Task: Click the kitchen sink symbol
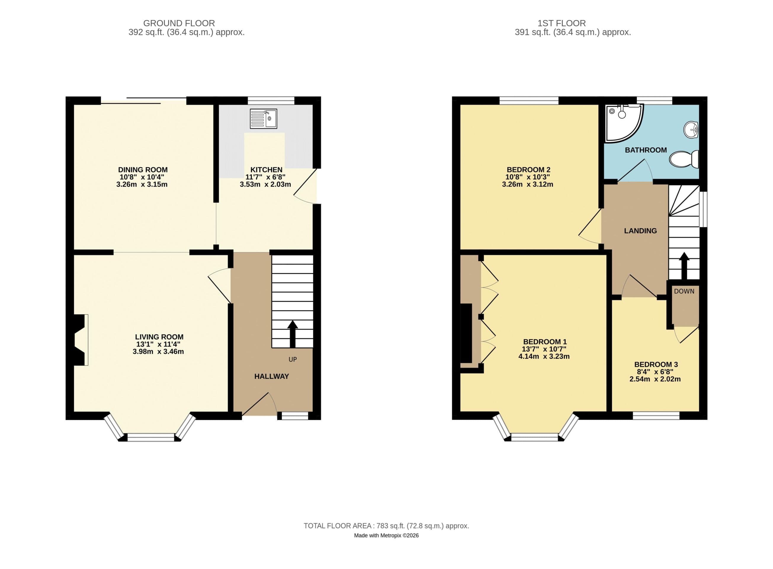click(x=263, y=119)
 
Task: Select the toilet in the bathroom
click(x=684, y=159)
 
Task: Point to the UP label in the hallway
click(x=293, y=359)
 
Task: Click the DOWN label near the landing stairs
click(x=684, y=291)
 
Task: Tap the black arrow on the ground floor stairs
click(x=293, y=334)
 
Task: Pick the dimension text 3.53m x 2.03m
click(x=265, y=184)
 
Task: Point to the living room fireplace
click(x=80, y=340)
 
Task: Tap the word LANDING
click(x=640, y=231)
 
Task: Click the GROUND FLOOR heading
click(x=179, y=23)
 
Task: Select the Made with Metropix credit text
click(x=386, y=536)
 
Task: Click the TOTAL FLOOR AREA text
click(x=386, y=526)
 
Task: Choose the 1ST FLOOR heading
click(x=561, y=23)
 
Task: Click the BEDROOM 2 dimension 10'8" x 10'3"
click(x=527, y=177)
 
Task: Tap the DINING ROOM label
click(x=143, y=170)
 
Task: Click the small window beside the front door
click(x=295, y=416)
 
